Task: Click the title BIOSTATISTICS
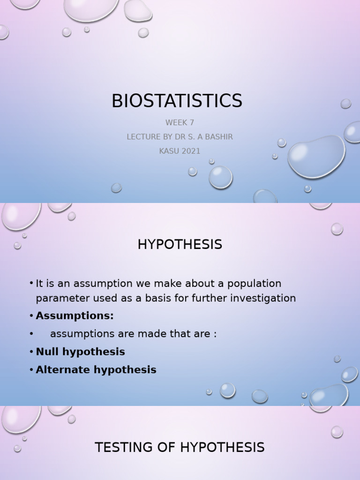(177, 101)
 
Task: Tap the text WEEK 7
(180, 123)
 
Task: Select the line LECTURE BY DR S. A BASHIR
(180, 137)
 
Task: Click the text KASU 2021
(180, 151)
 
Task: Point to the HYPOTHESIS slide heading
(180, 244)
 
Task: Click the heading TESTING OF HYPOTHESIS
(180, 448)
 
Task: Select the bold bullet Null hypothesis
(80, 352)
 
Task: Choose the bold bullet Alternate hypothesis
(96, 370)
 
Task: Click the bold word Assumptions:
(75, 316)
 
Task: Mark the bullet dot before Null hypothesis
(31, 352)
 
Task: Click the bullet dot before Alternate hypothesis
(31, 370)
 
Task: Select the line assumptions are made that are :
(133, 334)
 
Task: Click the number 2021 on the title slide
(190, 151)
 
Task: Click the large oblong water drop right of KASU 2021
(316, 156)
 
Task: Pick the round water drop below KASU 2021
(220, 177)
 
